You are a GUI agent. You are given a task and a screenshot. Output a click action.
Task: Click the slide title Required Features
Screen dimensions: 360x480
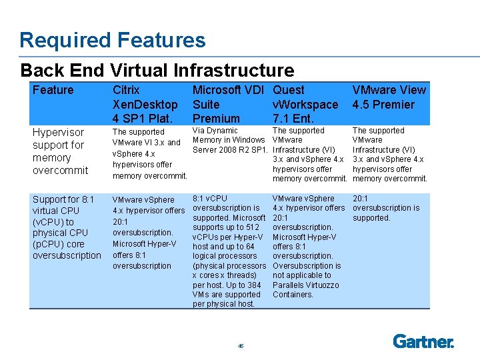[x=113, y=40]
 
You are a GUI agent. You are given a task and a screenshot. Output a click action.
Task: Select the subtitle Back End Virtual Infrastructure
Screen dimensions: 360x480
[x=157, y=70]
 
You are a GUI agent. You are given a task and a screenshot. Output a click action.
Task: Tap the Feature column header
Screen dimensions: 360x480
[x=53, y=90]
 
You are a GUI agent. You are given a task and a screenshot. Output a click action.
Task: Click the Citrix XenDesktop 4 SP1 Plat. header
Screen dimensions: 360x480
[x=145, y=104]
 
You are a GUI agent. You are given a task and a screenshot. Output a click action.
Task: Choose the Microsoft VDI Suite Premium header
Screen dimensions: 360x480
[x=228, y=104]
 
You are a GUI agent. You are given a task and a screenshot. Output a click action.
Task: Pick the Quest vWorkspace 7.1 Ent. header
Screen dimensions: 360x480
[x=305, y=104]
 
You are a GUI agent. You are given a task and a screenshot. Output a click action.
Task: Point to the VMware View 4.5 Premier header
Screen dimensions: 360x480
[x=389, y=97]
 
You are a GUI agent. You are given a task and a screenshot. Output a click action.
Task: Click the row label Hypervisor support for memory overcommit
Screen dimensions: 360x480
[x=61, y=151]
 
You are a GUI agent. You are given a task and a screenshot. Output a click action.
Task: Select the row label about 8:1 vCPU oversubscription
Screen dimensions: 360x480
[x=67, y=227]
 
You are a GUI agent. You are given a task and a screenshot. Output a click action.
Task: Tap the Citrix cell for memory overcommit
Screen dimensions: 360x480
[x=146, y=154]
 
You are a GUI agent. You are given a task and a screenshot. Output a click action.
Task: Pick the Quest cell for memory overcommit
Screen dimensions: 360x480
[x=309, y=155]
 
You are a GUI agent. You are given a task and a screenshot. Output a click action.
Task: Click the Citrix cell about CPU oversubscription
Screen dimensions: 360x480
[x=148, y=233]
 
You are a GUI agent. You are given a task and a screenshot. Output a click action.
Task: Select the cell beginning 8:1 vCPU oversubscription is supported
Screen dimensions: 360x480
[x=229, y=251]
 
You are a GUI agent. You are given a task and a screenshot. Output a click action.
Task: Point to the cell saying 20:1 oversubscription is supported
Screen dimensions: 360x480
[x=386, y=208]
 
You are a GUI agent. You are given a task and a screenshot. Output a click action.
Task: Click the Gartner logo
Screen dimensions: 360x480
[x=423, y=341]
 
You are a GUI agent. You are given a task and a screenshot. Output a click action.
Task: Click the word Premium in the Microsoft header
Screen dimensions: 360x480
[x=216, y=119]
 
